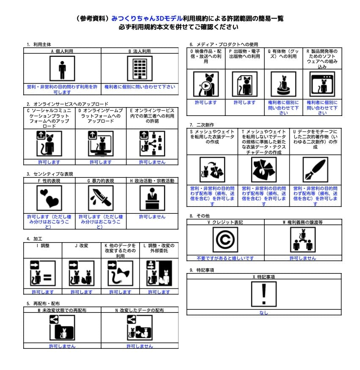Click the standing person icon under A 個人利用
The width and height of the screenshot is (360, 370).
click(x=62, y=68)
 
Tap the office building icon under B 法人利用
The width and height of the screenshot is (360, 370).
click(x=140, y=68)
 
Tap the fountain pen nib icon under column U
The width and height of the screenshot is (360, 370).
click(x=315, y=170)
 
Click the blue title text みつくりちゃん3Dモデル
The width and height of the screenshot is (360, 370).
click(x=147, y=19)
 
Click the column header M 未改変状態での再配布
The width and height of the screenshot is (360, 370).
click(x=62, y=310)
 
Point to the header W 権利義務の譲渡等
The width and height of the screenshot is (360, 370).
click(x=302, y=222)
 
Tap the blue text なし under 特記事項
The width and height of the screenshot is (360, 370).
click(x=264, y=313)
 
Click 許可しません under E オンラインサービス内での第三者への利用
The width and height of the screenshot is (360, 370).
click(x=152, y=162)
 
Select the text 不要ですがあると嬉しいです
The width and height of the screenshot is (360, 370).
click(x=225, y=258)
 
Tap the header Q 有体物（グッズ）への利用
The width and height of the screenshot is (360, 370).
click(x=283, y=53)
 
